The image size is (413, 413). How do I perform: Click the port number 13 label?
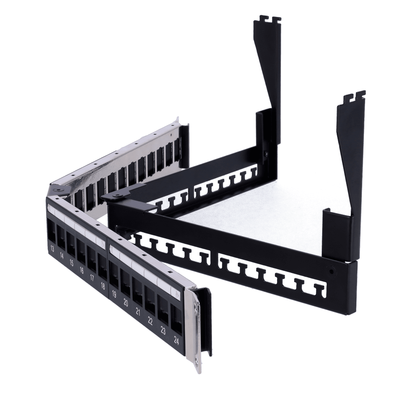click(52, 249)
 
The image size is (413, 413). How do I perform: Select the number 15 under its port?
click(71, 263)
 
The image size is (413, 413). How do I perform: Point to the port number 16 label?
click(81, 270)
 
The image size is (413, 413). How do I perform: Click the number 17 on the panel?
click(92, 278)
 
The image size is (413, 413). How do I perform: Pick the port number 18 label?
click(103, 286)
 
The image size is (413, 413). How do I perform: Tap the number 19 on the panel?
click(114, 294)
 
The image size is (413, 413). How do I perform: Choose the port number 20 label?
click(126, 303)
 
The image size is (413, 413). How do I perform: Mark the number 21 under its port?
click(138, 312)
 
